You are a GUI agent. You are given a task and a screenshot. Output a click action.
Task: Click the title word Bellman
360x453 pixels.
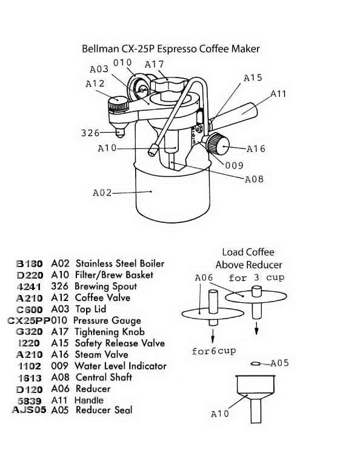(101, 48)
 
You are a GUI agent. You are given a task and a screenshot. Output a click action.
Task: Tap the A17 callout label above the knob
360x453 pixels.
(154, 64)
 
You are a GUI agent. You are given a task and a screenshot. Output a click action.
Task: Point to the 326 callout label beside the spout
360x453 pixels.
(90, 133)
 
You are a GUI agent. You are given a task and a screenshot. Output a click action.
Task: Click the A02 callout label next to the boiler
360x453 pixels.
(102, 193)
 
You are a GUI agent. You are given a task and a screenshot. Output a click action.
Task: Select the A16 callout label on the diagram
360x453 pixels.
(256, 149)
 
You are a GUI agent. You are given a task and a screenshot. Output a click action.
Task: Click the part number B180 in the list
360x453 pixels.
(30, 264)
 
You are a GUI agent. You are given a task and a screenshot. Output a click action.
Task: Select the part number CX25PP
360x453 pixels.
(29, 321)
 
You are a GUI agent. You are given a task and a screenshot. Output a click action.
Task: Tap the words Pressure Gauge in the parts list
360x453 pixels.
(107, 321)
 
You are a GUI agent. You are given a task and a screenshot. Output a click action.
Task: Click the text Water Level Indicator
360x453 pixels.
(121, 366)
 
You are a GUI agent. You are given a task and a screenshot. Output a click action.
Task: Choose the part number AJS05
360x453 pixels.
(29, 410)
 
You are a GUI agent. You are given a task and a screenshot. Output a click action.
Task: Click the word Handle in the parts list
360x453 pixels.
(88, 400)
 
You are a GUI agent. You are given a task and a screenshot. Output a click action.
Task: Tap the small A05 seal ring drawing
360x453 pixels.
(256, 364)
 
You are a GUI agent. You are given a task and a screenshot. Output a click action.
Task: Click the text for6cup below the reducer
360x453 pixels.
(214, 351)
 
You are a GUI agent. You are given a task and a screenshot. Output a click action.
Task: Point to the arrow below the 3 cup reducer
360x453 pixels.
(256, 328)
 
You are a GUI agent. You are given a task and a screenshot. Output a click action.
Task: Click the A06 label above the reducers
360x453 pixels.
(204, 278)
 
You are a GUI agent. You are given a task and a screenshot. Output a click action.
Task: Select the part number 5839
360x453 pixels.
(29, 401)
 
